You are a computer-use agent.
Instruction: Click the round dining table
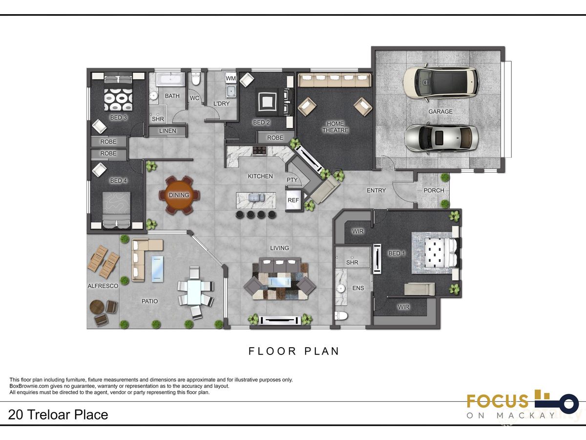coord(179,195)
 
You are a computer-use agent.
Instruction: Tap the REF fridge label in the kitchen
coord(293,200)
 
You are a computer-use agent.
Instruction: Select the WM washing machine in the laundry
coord(230,78)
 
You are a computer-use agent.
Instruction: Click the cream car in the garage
coord(441,83)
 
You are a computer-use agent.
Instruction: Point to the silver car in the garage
coord(441,138)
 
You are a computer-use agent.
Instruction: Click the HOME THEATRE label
coord(335,127)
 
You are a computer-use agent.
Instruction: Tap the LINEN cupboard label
coord(167,131)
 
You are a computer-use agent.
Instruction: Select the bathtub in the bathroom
coord(171,79)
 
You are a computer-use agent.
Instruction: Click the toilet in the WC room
coord(196,78)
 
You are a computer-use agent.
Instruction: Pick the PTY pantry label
coord(292,180)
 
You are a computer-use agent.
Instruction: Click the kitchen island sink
coord(256,198)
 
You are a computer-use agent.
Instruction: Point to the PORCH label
coord(434,191)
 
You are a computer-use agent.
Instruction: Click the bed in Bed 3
coord(118,93)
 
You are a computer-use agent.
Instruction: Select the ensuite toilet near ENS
coord(341,316)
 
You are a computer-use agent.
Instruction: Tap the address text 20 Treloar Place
coord(58,415)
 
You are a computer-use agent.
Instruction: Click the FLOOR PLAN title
coord(293,351)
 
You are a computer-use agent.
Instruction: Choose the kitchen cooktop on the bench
coord(259,151)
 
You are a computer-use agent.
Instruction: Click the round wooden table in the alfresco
coord(96,307)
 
